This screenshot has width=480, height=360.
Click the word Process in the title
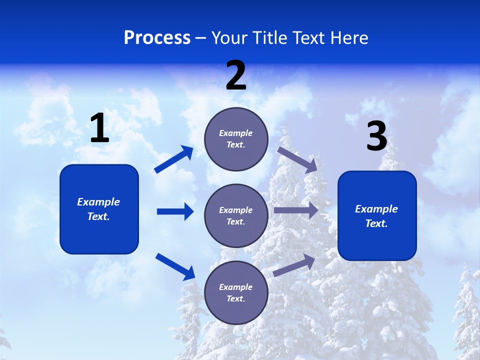(157, 37)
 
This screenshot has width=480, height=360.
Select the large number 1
(99, 128)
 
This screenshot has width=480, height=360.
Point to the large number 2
(236, 76)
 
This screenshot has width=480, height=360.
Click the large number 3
(376, 137)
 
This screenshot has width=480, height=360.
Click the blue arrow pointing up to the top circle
(174, 159)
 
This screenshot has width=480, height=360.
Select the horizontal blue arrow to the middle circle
(175, 211)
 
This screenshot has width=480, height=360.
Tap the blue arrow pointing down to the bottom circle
(175, 266)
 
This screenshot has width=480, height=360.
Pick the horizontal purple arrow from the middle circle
(296, 210)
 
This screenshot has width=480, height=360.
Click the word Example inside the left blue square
(98, 202)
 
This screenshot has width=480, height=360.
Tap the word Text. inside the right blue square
(376, 223)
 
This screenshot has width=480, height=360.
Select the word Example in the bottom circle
(236, 287)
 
